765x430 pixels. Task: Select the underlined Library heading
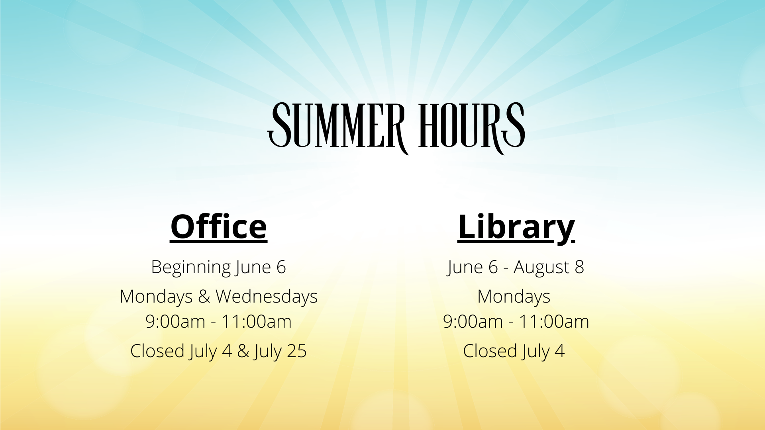click(x=516, y=228)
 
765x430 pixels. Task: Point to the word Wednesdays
click(x=267, y=297)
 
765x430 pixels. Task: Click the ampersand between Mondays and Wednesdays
click(x=204, y=297)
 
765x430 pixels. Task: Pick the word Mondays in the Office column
click(x=156, y=297)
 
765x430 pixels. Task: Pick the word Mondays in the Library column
click(x=514, y=297)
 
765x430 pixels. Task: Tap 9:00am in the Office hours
click(x=175, y=322)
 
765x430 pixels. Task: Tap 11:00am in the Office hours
click(x=256, y=322)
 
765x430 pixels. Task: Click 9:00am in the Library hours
click(x=473, y=322)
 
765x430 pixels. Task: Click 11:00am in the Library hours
click(x=554, y=322)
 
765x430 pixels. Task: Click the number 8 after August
click(x=579, y=267)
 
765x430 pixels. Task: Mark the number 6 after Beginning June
click(x=281, y=267)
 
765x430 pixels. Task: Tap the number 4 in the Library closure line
click(x=560, y=351)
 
